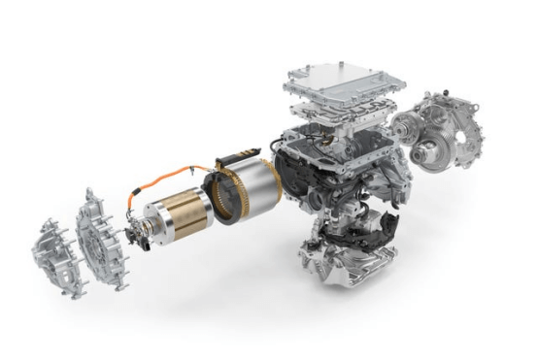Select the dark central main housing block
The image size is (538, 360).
[x=330, y=170]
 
